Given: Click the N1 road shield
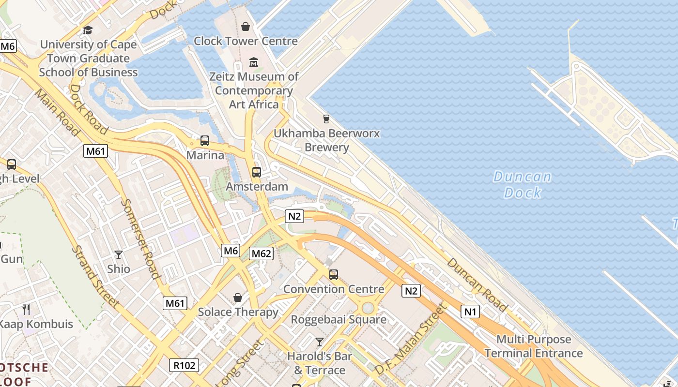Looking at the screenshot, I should click(470, 312).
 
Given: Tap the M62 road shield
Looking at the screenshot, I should click(262, 253).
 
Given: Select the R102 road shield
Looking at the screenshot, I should click(185, 365).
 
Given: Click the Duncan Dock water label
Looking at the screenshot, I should click(522, 185).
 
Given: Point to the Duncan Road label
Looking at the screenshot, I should click(477, 285).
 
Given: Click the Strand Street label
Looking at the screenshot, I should click(95, 276).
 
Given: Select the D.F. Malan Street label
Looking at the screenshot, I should click(409, 339).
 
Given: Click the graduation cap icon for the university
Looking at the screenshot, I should click(88, 30).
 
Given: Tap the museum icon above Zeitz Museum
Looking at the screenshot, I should click(254, 62).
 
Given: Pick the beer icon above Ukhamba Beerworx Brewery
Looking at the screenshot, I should click(326, 119).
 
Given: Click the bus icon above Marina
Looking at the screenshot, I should click(205, 141).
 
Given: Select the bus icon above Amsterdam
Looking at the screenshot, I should click(257, 172).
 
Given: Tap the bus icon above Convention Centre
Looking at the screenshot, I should click(334, 275).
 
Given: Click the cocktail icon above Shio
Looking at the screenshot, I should click(119, 254).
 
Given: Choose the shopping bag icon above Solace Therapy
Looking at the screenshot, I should click(238, 297).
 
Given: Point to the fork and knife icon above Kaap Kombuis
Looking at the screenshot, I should click(26, 309).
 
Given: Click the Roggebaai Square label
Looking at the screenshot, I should click(339, 320).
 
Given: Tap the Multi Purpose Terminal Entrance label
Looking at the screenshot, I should click(534, 346).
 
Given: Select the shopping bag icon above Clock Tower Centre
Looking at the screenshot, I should click(246, 26).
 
